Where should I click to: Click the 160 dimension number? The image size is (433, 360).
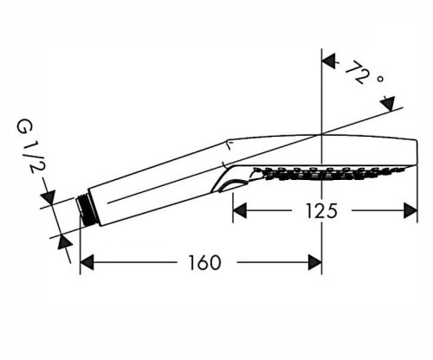pos(204,262)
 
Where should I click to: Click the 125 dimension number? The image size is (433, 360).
pos(321,210)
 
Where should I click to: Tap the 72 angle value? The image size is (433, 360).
pos(358,73)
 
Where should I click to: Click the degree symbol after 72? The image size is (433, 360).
pos(380,79)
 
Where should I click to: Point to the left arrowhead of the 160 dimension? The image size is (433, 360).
pos(87,262)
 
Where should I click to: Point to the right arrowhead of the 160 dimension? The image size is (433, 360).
pos(314,262)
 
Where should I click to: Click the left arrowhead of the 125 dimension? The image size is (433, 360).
pos(240,210)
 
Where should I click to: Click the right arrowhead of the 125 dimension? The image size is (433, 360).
pos(410,210)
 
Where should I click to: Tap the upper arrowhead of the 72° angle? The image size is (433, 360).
pos(329,61)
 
